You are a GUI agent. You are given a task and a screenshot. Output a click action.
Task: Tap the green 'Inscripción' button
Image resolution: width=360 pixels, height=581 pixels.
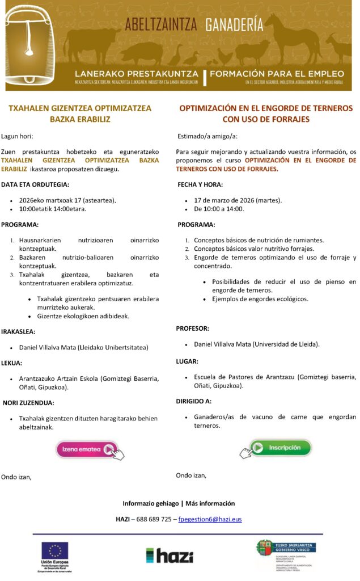[280, 448]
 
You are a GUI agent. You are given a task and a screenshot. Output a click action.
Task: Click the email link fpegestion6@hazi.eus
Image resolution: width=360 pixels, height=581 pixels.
[210, 519]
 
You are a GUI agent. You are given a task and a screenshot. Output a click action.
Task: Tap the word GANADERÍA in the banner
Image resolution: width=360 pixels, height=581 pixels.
[234, 24]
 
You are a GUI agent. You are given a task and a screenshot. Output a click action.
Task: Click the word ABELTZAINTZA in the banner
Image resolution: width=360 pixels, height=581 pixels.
[160, 24]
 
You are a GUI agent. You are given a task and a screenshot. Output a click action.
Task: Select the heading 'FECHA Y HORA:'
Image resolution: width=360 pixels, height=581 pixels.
[200, 184]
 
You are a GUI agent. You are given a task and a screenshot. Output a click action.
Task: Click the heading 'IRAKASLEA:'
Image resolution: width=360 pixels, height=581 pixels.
[19, 331]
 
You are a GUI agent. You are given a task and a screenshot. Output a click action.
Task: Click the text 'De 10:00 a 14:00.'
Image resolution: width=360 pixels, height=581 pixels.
[219, 209]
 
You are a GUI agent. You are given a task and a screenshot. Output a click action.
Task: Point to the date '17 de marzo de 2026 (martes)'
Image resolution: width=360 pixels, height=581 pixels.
[238, 200]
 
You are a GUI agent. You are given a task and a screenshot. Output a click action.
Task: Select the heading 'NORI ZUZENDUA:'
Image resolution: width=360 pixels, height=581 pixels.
[29, 403]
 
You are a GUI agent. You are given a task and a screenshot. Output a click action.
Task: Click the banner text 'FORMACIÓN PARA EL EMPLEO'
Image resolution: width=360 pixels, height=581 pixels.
[277, 74]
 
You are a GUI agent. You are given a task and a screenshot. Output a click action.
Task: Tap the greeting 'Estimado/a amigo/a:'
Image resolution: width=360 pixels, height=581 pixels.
[207, 136]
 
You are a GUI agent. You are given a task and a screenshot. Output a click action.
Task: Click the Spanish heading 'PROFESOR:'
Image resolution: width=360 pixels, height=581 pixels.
[192, 329]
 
